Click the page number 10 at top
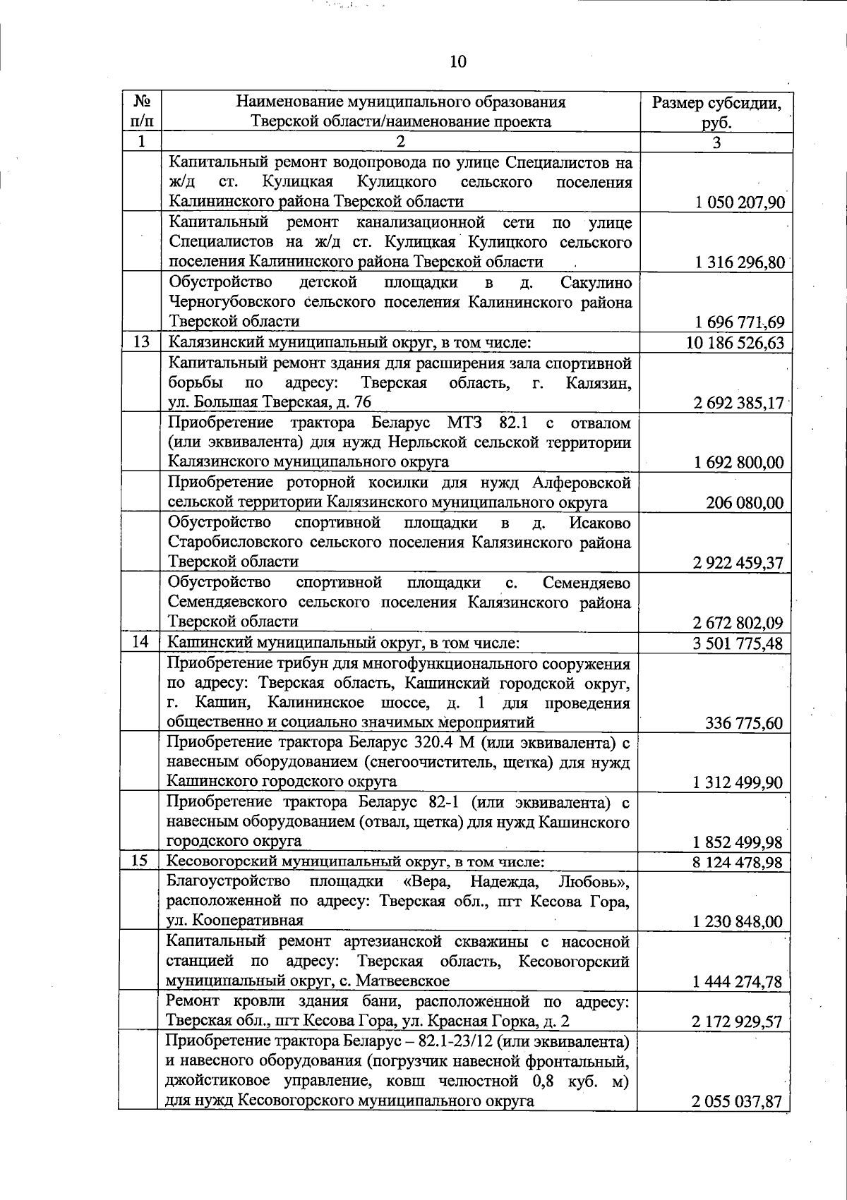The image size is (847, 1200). pos(457,62)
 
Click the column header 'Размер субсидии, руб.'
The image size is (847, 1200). pos(716,112)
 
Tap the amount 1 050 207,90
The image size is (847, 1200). pos(739,203)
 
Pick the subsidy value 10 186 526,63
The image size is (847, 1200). pos(735,344)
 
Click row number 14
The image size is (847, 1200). pos(140,643)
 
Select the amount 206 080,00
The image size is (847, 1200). pos(745,503)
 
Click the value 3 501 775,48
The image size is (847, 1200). pos(738,643)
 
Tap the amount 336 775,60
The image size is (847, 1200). pos(745,723)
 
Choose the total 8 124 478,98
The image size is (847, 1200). pos(738,862)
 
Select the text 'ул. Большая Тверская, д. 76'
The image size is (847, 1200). pos(269,403)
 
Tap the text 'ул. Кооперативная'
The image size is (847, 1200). pos(234,921)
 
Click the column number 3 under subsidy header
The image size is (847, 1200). pos(716,142)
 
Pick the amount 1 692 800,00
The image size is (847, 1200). pos(739,463)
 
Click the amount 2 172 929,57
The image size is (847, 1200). pos(738,1022)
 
